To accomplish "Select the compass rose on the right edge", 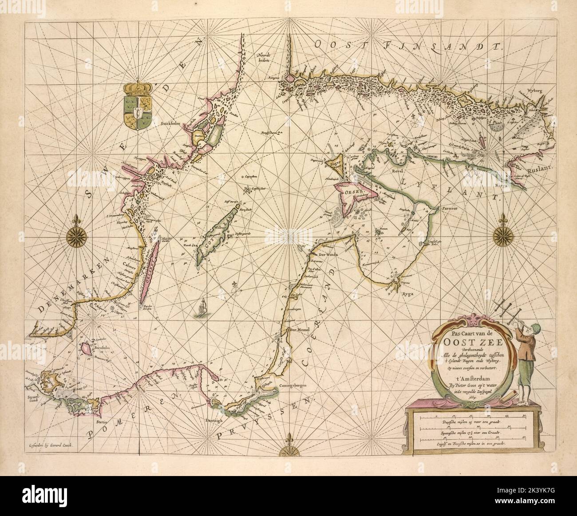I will [x=502, y=234].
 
